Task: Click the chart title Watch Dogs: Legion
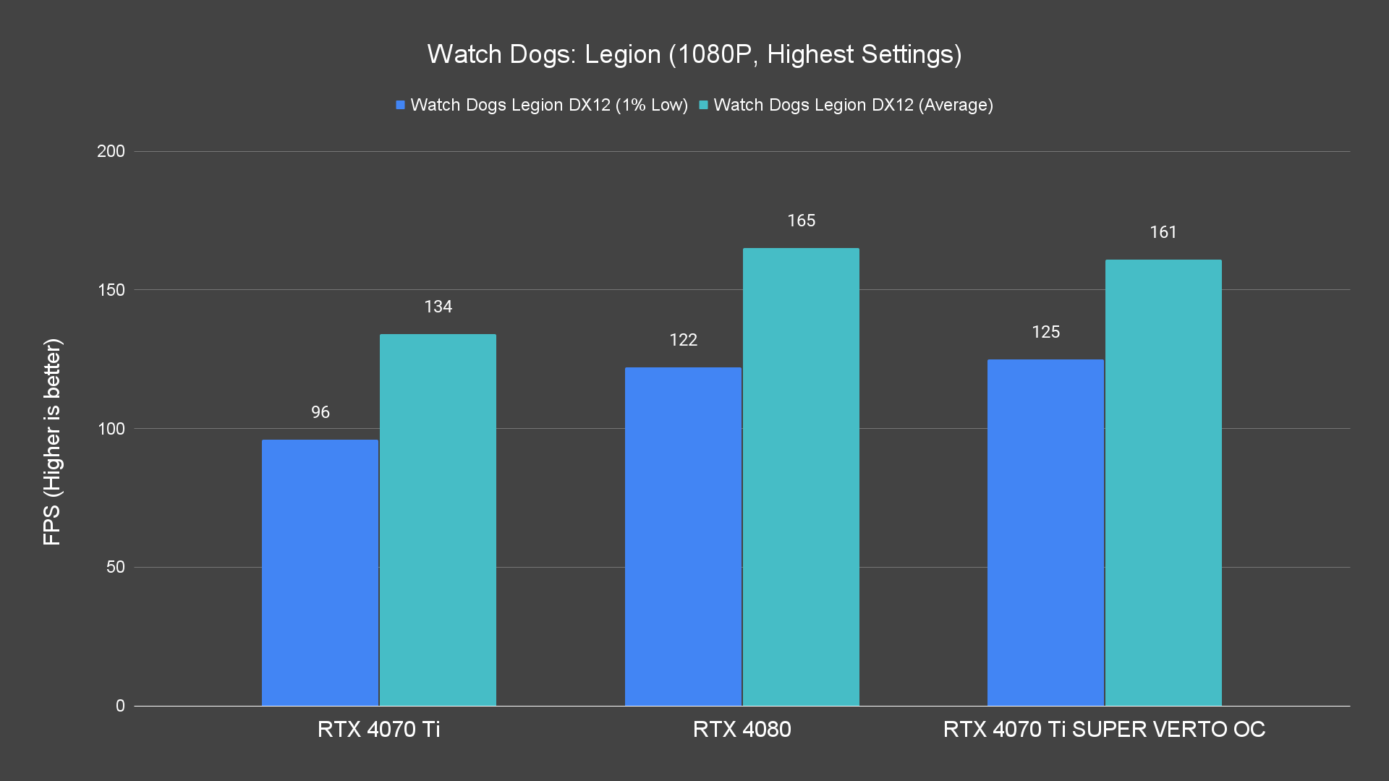click(x=694, y=54)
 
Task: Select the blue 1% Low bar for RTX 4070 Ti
click(x=320, y=572)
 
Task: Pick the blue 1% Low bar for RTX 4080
click(x=683, y=536)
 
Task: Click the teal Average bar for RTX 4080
click(x=801, y=477)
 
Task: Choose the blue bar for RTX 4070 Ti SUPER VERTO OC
click(x=1045, y=532)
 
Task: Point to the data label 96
click(x=320, y=412)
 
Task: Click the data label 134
click(x=438, y=307)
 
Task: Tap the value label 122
click(x=683, y=340)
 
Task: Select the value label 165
click(x=801, y=221)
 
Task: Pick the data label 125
click(x=1045, y=332)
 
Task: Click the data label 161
click(x=1163, y=232)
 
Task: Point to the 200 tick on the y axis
click(x=111, y=151)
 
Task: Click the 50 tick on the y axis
click(x=115, y=567)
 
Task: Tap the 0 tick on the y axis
click(x=120, y=706)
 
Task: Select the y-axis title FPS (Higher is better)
click(x=52, y=441)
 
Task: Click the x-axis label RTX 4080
click(x=742, y=729)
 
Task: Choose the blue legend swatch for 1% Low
click(x=400, y=105)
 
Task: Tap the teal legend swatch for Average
click(x=703, y=105)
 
